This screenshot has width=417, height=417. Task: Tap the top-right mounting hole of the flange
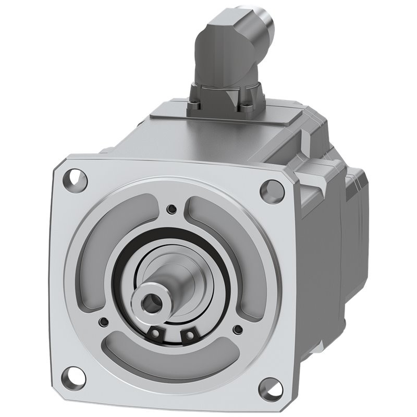click(x=272, y=190)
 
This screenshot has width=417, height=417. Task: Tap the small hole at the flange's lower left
click(x=104, y=322)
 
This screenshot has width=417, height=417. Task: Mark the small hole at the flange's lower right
click(x=238, y=329)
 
